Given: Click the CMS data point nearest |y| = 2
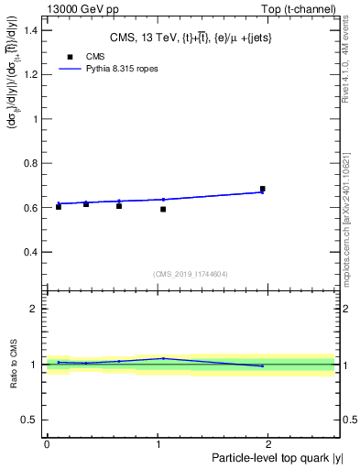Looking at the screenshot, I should coord(263,189).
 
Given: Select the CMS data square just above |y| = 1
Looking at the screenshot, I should coord(163,210).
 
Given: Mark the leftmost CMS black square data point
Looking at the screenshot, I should coord(59,206).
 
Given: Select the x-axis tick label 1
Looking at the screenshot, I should coord(158,443).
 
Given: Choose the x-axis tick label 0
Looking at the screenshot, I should coord(47,443).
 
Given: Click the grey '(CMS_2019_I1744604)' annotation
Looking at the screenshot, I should coord(190,274).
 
